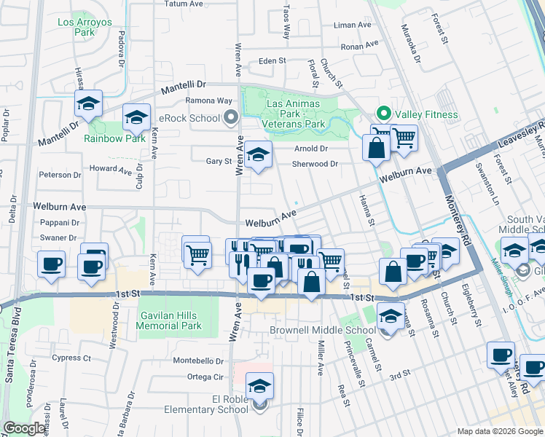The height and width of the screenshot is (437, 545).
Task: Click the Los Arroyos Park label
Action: click(85, 28)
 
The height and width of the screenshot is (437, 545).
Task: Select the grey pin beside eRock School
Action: click(232, 117)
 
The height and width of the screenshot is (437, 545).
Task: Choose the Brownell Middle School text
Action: click(322, 331)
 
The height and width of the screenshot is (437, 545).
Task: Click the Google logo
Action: click(25, 428)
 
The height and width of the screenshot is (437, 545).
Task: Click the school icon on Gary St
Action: click(257, 154)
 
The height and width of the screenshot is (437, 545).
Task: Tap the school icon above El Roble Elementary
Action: click(259, 386)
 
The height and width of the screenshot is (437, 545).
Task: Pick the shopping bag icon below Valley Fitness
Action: click(376, 149)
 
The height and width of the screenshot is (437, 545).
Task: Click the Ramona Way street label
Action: click(208, 101)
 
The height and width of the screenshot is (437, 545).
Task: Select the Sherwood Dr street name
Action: click(315, 164)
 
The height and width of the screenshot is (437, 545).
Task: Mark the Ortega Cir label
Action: click(205, 377)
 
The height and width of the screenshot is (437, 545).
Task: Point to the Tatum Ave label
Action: click(183, 4)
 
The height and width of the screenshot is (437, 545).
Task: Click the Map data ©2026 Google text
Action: click(499, 431)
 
